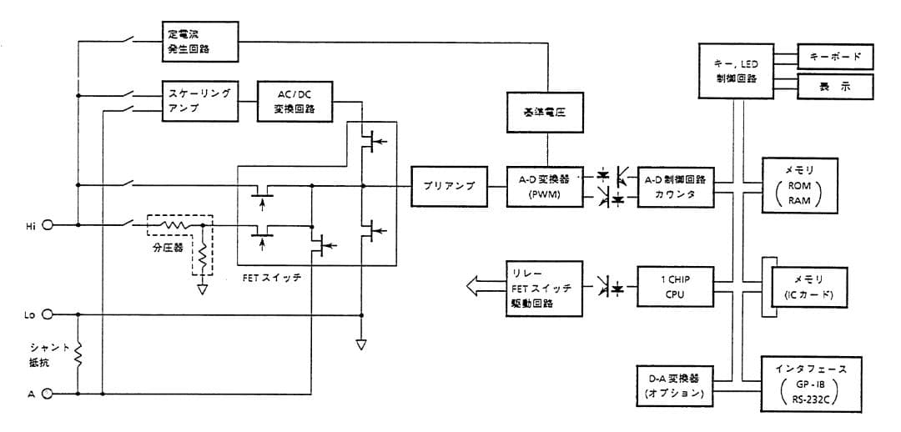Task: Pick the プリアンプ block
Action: pos(449,186)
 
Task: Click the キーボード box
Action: pos(835,57)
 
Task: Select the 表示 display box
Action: pos(835,87)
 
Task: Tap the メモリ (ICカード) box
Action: pos(808,288)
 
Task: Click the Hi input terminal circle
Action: pos(48,225)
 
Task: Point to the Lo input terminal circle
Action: pos(48,315)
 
